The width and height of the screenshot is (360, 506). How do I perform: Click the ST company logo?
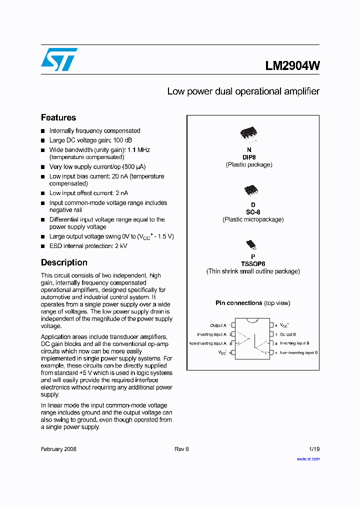point(59,59)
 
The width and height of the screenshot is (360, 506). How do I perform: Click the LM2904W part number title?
point(292,65)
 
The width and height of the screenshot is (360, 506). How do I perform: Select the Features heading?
point(58,117)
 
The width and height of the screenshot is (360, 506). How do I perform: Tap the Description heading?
point(64,262)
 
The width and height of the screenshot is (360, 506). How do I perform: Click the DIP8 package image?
point(248,133)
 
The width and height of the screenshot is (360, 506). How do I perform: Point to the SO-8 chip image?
point(250,190)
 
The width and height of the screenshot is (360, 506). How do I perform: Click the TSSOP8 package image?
point(250,244)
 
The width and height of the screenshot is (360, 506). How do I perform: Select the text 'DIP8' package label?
point(249,157)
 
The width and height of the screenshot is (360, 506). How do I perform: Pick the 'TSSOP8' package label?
point(253,264)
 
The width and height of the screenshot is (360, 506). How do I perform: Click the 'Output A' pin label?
point(218,325)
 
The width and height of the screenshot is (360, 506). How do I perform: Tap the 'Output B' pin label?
point(288,334)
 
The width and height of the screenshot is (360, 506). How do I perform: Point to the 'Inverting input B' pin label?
point(294,343)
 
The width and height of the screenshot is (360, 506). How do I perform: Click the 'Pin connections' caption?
point(239,303)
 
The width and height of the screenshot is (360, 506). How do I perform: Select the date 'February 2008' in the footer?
point(58,449)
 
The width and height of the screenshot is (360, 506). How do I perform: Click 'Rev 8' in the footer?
point(181,449)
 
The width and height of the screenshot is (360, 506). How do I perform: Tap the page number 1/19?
point(314,449)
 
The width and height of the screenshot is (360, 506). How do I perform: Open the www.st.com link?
point(308,458)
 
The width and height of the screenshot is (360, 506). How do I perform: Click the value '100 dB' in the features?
point(121,140)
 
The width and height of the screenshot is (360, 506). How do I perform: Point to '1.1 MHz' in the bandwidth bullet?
point(138,150)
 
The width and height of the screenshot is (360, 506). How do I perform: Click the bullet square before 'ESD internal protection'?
point(43,246)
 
